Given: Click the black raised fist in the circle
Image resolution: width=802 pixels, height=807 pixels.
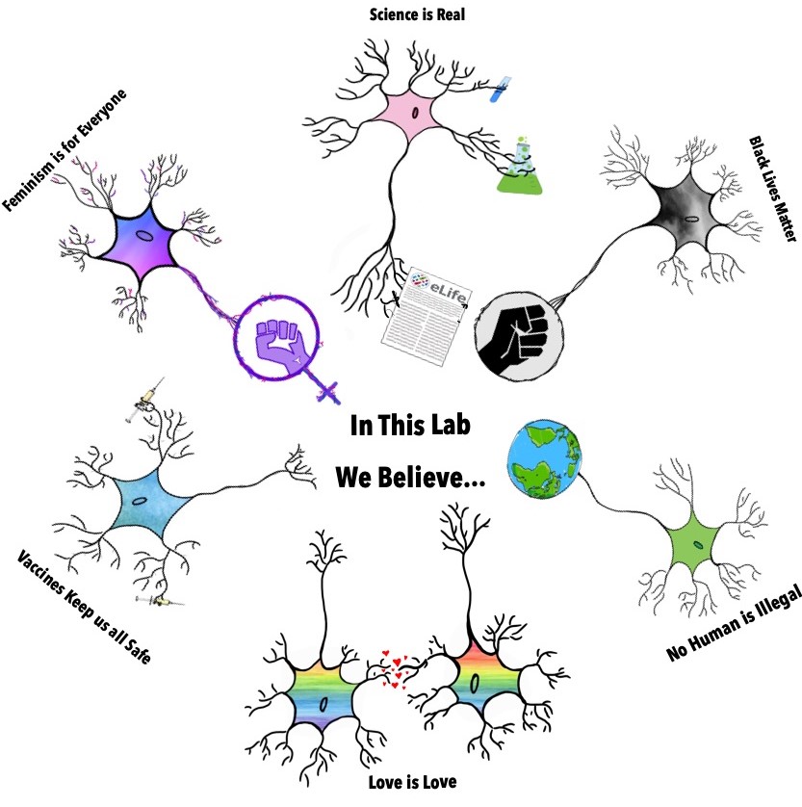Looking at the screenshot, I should [520, 332].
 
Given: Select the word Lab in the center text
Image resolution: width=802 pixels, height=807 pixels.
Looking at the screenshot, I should [447, 425].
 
